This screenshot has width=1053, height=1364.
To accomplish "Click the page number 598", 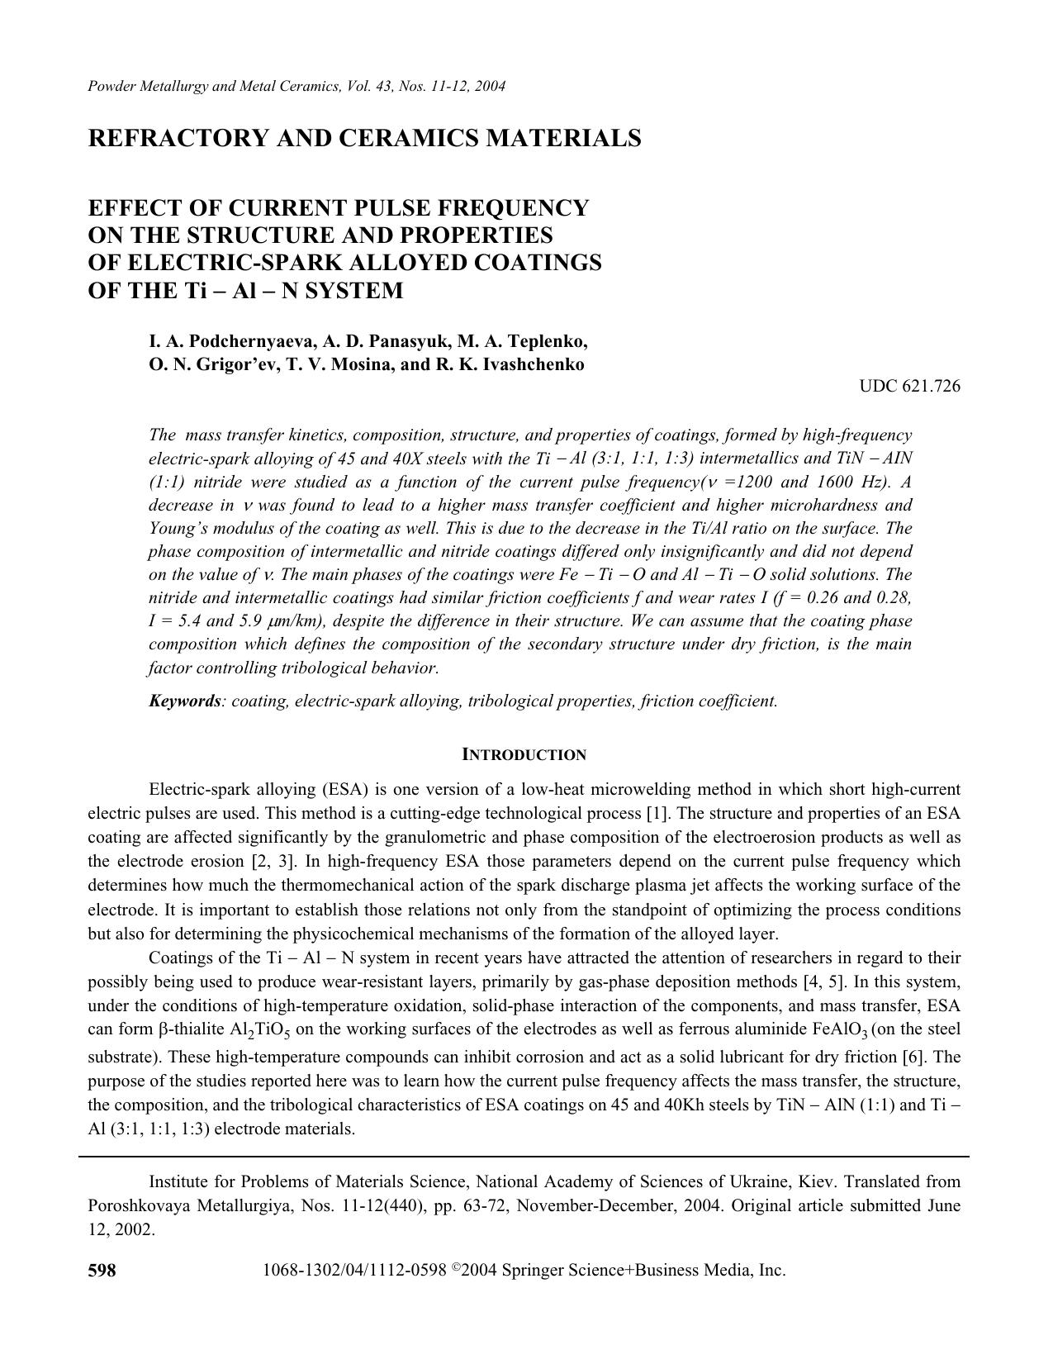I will point(102,1271).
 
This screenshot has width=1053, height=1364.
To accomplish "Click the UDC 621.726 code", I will point(909,386).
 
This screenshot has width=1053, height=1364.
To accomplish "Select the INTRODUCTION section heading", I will point(524,754).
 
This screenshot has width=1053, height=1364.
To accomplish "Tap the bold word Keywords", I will point(184,701).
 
